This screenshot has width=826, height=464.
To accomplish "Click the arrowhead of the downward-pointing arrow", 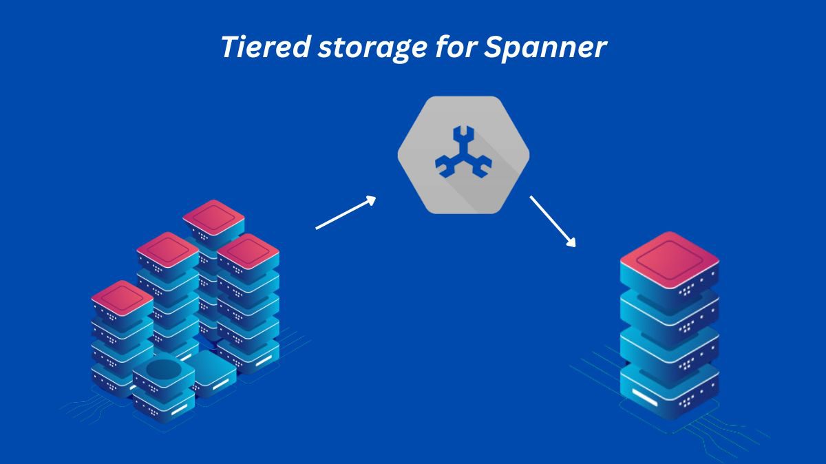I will pos(570,241).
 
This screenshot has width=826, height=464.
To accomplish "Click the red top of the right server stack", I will pos(669,258).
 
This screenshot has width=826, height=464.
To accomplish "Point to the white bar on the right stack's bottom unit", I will pos(649,397).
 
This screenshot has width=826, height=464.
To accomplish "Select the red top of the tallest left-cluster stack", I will pos(213,218).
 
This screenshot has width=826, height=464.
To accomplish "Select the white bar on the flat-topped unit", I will pos(220,385).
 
